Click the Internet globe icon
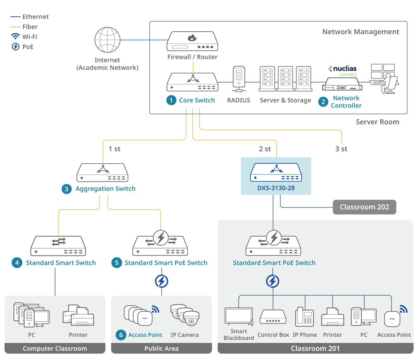tap(107, 40)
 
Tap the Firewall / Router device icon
tap(192, 41)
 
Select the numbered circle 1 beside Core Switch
tap(171, 100)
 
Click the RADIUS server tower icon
tap(239, 79)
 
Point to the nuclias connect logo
tap(343, 70)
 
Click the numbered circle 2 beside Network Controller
tap(323, 102)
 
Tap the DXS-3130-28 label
tap(276, 188)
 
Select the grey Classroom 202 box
tap(364, 207)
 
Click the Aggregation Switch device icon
tap(102, 173)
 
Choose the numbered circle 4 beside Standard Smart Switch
tap(17, 263)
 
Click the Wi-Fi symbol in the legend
tap(16, 37)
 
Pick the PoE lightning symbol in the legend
tap(16, 47)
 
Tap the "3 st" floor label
tap(341, 149)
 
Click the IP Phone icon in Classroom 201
tap(304, 317)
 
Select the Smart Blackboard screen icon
tap(239, 316)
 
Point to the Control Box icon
tap(273, 317)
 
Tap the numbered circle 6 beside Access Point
tap(121, 335)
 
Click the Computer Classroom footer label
tap(55, 349)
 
